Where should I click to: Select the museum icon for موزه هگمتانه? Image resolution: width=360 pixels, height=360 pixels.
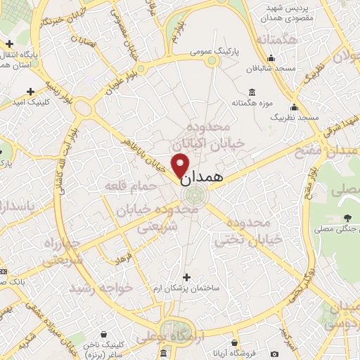pyautogui.click(x=252, y=92)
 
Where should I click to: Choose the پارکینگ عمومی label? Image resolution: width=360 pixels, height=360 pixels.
pyautogui.click(x=217, y=52)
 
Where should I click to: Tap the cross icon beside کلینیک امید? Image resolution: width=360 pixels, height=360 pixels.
pyautogui.click(x=30, y=91)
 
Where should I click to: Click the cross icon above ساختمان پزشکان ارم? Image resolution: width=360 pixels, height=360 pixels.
pyautogui.click(x=186, y=277)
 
